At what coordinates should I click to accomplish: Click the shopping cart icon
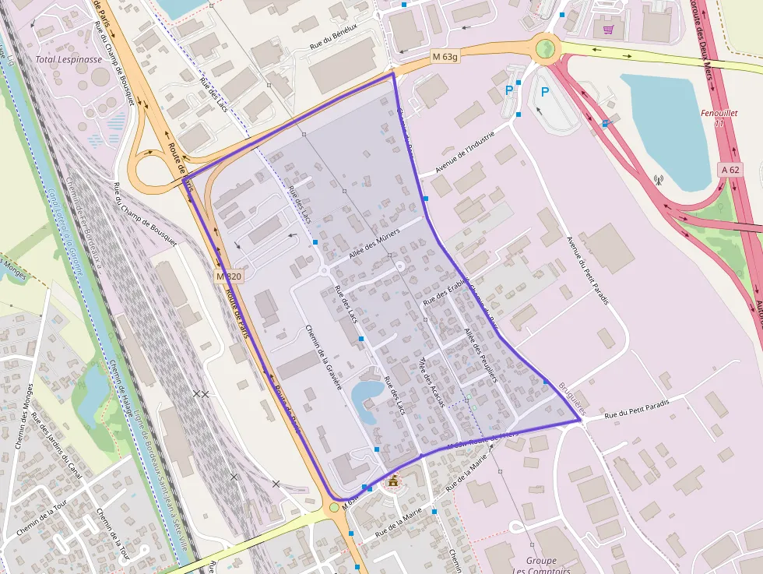(609, 30)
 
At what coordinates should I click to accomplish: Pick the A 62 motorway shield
(730, 169)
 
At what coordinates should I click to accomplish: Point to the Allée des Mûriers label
(374, 243)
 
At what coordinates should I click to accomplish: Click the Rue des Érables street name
(445, 291)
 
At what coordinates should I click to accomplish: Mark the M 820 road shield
(229, 276)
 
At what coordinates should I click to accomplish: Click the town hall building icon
(393, 482)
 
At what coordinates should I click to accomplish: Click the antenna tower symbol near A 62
(657, 180)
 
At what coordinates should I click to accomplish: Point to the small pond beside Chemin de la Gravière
(366, 396)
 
